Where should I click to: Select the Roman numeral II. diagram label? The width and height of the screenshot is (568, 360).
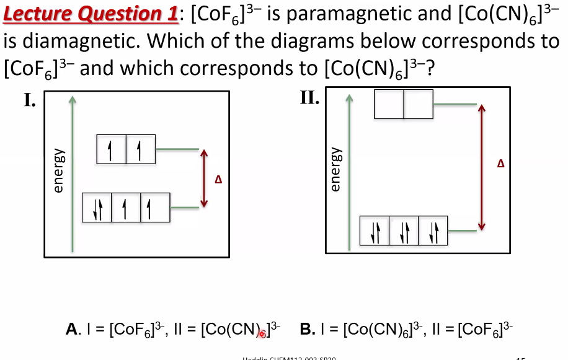(309, 98)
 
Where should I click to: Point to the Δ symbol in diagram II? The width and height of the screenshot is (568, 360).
(501, 164)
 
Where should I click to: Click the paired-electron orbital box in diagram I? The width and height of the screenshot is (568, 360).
(97, 208)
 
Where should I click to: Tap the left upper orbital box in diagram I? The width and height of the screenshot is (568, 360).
(112, 149)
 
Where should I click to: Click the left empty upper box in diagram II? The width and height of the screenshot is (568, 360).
(389, 103)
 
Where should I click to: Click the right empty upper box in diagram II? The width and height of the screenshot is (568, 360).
(419, 103)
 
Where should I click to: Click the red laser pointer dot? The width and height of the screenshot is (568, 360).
(262, 333)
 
